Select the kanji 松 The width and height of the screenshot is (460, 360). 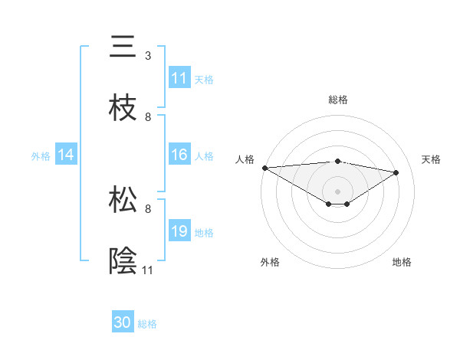[x=123, y=199]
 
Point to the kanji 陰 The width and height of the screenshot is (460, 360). [x=123, y=260]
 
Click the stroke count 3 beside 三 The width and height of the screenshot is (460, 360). [x=148, y=56]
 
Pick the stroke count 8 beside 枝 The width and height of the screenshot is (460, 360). [x=148, y=117]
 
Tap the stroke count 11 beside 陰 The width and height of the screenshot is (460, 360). [x=148, y=270]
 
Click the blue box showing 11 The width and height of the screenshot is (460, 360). [x=179, y=78]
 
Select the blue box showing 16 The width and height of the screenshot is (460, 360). [x=179, y=155]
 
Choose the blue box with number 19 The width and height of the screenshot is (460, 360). [x=179, y=231]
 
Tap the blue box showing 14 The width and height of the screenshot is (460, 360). [x=66, y=155]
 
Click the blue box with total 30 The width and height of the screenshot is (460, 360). [x=123, y=322]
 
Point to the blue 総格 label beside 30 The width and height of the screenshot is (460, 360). [x=147, y=324]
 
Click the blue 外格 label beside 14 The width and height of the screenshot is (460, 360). [x=41, y=155]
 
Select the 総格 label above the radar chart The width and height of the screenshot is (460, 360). [x=338, y=100]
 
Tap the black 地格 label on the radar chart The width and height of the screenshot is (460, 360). [x=402, y=262]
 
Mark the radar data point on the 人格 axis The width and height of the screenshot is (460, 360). [x=264, y=168]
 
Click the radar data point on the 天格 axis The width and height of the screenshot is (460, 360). [x=396, y=172]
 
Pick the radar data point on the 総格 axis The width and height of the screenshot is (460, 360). [x=338, y=161]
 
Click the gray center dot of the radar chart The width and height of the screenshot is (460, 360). [x=338, y=191]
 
